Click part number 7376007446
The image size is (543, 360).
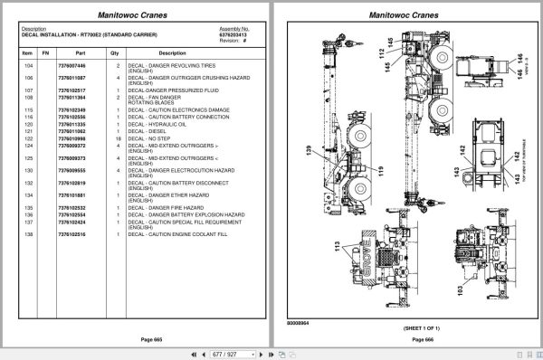point(72,67)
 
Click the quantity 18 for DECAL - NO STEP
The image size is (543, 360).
point(118,137)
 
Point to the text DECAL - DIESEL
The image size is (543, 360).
point(148,131)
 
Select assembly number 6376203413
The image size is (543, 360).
point(234,34)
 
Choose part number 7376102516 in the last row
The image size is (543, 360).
point(72,233)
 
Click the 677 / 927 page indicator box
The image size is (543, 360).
point(271,354)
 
